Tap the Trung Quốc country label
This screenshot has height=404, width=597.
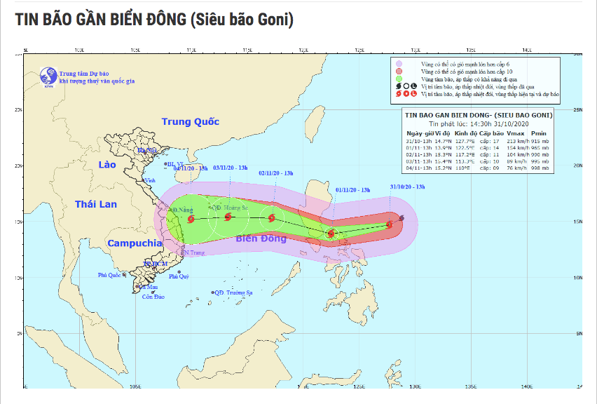click(x=190, y=121)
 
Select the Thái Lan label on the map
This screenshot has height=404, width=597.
click(x=96, y=204)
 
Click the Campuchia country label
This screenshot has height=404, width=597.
click(x=135, y=243)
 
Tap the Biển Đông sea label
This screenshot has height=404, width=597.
click(x=261, y=238)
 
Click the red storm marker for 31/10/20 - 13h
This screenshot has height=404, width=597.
click(x=389, y=225)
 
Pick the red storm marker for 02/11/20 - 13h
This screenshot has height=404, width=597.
click(x=271, y=218)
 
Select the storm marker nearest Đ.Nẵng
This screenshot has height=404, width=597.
click(x=191, y=219)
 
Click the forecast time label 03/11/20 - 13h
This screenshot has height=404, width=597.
click(x=231, y=168)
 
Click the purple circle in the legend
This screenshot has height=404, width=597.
click(x=399, y=64)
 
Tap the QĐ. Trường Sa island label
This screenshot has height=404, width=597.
click(x=235, y=292)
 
